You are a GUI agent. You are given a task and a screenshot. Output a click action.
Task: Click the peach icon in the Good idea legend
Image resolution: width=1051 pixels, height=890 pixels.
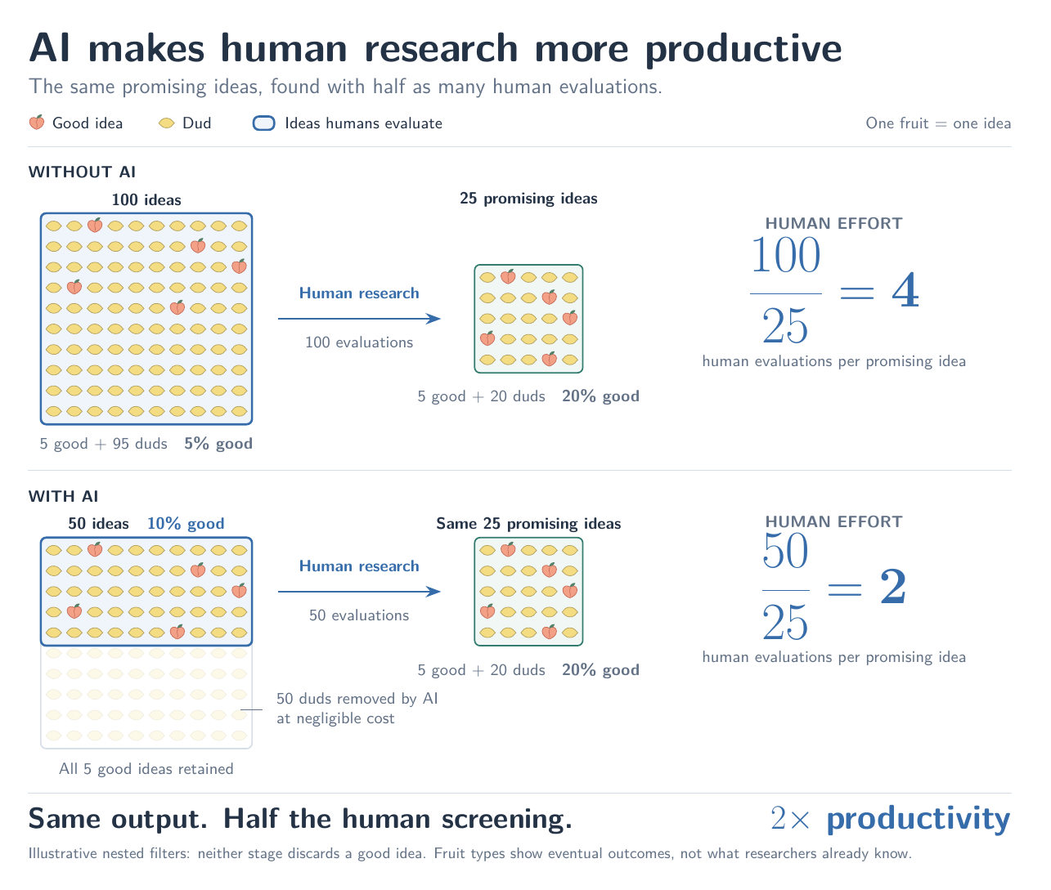(37, 123)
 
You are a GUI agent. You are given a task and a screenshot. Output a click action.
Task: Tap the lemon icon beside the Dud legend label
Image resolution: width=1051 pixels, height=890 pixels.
(166, 123)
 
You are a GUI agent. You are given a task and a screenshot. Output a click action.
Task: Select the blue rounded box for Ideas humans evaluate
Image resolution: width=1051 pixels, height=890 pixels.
(264, 123)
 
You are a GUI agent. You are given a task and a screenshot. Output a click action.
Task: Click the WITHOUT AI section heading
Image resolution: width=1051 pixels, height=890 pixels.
(83, 172)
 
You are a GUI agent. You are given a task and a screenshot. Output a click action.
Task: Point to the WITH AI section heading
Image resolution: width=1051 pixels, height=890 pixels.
(64, 496)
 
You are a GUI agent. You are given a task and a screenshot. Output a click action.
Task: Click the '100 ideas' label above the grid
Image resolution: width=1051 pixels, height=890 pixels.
(146, 199)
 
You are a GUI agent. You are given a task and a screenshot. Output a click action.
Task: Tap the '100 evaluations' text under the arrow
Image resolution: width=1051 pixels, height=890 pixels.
(359, 342)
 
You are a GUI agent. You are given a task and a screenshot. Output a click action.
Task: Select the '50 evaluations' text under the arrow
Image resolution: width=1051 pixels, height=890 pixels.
(359, 615)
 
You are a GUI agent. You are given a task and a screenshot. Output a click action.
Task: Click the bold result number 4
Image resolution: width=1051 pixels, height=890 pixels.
(905, 291)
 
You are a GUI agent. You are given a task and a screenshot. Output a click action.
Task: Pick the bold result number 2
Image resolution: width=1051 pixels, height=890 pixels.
(893, 586)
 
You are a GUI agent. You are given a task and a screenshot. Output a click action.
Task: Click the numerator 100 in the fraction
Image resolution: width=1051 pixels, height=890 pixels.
(785, 255)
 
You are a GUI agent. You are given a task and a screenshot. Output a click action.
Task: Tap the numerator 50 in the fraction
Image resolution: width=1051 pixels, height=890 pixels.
(785, 551)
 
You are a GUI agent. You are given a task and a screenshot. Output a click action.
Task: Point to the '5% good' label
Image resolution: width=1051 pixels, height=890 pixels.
(218, 444)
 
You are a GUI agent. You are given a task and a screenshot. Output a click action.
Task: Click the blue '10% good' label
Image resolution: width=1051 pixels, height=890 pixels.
(186, 523)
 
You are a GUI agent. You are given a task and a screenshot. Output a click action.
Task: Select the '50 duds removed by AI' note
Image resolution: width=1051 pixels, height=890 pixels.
(357, 699)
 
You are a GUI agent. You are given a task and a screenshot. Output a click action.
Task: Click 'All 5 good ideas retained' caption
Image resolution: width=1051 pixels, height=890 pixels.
(146, 768)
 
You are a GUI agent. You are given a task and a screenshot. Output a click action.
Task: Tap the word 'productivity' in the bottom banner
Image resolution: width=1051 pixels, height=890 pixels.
(919, 819)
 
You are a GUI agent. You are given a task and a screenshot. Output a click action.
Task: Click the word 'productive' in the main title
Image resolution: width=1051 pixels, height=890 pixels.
(743, 49)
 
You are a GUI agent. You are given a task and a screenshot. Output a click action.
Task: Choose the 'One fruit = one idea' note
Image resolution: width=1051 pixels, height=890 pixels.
(938, 123)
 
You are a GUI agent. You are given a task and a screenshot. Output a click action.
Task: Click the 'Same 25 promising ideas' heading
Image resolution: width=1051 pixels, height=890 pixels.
(529, 524)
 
